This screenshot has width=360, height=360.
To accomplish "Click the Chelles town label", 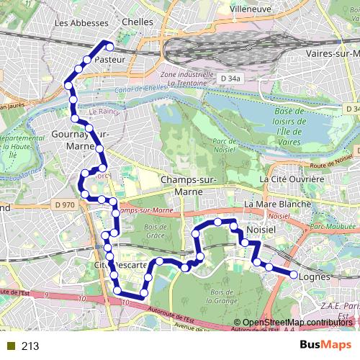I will tap(138, 22).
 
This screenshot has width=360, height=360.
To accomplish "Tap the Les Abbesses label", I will tap(76, 22).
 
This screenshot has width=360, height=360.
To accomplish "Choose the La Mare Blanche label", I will tap(277, 204).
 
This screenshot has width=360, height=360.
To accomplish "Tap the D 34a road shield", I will tap(229, 77).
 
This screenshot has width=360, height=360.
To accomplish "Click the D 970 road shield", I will tap(64, 205).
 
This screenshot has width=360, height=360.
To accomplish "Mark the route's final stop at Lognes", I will tap(294, 275).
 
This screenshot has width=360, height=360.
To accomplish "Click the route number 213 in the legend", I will tap(30, 346).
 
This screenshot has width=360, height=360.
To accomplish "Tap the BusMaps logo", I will tap(320, 346).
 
